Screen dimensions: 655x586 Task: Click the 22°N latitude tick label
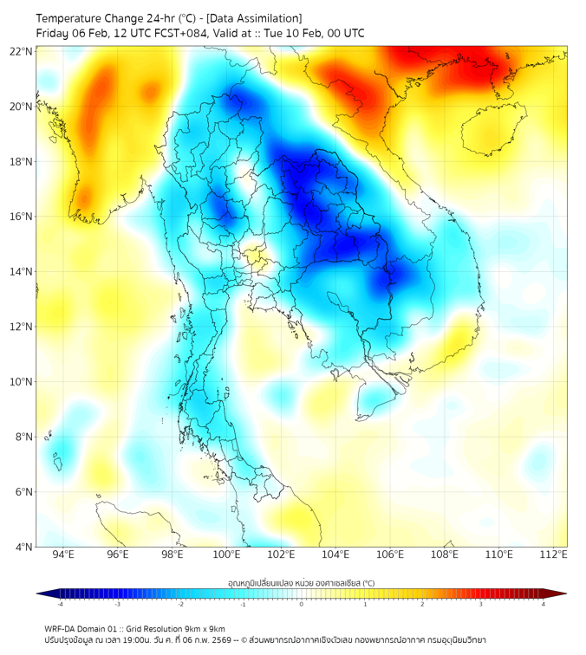[x=22, y=51]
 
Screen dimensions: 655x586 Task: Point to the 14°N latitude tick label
[x=22, y=272]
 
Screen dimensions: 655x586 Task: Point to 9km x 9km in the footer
[x=200, y=628]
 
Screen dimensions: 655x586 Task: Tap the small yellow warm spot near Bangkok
[x=254, y=256]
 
